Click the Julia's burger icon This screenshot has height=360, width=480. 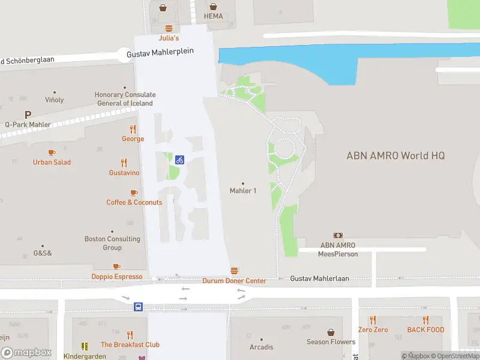point(169,28)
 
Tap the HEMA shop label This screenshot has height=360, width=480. point(213,16)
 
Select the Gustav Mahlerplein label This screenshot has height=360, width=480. point(160,52)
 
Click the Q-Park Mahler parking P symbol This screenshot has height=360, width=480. point(28,115)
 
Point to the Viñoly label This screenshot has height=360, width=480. point(54,100)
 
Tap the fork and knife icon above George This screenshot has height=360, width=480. point(133,129)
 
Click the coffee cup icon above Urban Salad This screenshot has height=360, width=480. point(52,153)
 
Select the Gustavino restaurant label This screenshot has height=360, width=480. point(124,173)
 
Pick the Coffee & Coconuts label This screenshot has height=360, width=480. point(134,202)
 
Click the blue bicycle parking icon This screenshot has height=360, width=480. point(179,160)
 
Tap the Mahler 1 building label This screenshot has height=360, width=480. point(243,191)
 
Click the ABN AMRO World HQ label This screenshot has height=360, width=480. point(395,155)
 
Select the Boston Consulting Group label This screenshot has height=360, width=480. point(112,243)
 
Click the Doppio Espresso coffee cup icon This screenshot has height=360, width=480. point(116,267)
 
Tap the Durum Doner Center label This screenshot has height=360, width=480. point(234,281)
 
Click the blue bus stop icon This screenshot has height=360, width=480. point(138,307)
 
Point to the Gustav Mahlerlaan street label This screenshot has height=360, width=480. point(319,279)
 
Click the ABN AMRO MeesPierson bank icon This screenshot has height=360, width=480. point(338,236)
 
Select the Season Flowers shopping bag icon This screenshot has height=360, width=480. point(331,332)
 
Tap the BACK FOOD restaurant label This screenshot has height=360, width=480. point(425,330)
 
